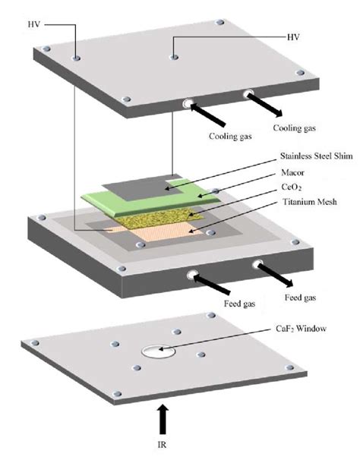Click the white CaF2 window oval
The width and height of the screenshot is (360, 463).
(x=155, y=351)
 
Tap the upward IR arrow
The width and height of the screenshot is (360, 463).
(x=163, y=420)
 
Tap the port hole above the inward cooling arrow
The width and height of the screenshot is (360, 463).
(x=187, y=104)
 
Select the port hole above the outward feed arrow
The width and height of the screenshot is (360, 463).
(x=258, y=266)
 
